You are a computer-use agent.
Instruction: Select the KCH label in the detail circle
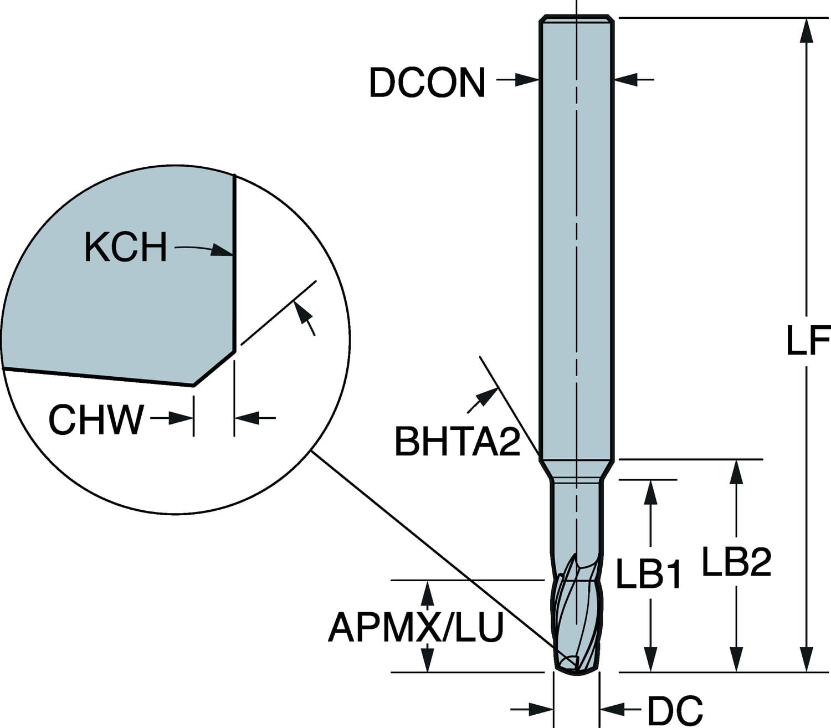pyautogui.click(x=126, y=247)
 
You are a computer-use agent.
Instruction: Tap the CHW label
pyautogui.click(x=96, y=419)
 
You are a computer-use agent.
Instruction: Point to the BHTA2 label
pyautogui.click(x=457, y=442)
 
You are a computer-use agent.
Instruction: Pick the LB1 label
pyautogui.click(x=649, y=574)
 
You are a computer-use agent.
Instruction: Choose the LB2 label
pyautogui.click(x=737, y=562)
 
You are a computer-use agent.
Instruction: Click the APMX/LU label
pyautogui.click(x=416, y=627)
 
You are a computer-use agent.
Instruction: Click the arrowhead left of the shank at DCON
pyautogui.click(x=527, y=80)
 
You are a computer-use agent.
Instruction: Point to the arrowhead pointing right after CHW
pyautogui.click(x=181, y=418)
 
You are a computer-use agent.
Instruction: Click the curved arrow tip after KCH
pyautogui.click(x=222, y=250)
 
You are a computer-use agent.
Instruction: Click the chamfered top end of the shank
pyautogui.click(x=576, y=18)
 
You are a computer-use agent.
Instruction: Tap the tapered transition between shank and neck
pyautogui.click(x=576, y=468)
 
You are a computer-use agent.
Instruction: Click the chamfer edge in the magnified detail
pyautogui.click(x=214, y=368)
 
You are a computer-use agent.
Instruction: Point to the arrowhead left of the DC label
pyautogui.click(x=612, y=708)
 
